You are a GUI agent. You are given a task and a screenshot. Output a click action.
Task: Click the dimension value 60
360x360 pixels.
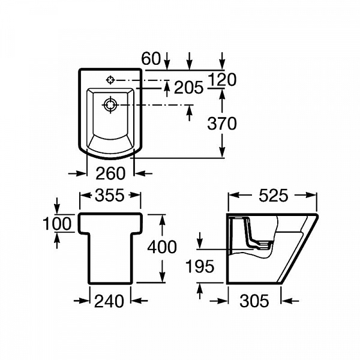click(x=151, y=59)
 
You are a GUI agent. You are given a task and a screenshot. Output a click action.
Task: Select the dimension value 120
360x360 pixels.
click(x=222, y=80)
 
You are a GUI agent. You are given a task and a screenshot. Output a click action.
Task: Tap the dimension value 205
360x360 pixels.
click(x=189, y=88)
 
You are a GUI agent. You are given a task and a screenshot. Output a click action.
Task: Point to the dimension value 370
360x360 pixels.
click(x=222, y=123)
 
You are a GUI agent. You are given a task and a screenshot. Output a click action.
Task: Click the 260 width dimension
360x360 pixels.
click(x=110, y=173)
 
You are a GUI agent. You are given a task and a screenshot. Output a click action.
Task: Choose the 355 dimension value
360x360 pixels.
click(x=110, y=195)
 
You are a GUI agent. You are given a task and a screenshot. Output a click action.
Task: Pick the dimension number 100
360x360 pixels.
click(x=58, y=223)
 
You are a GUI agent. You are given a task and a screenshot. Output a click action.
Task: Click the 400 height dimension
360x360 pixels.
click(x=162, y=247)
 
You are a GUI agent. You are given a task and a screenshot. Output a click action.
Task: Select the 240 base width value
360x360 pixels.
click(x=109, y=301)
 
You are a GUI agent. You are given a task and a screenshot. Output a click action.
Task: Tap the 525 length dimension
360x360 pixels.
click(x=273, y=196)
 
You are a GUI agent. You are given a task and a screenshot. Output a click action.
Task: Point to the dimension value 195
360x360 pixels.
click(x=200, y=266)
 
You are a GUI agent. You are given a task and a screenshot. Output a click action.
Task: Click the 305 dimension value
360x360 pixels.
click(x=254, y=301)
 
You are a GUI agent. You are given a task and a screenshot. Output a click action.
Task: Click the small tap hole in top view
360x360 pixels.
click(x=110, y=80)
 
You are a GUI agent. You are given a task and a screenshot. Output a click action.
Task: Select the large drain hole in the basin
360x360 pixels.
click(x=110, y=105)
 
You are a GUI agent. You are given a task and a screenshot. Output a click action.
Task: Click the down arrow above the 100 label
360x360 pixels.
click(x=57, y=205)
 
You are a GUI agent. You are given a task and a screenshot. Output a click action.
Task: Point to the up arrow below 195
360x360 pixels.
click(x=200, y=291)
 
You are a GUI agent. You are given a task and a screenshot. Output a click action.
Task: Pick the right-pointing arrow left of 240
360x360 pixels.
click(x=82, y=301)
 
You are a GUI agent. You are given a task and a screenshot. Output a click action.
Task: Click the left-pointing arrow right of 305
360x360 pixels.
click(x=290, y=301)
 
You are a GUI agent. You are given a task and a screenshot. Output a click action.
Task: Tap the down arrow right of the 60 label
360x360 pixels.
click(x=167, y=61)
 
